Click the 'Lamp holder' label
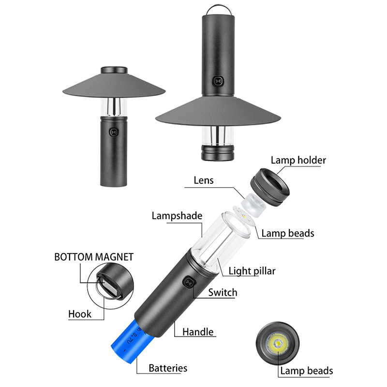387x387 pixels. pyautogui.click(x=298, y=161)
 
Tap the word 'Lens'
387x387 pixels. pyautogui.click(x=203, y=180)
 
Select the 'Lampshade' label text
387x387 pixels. pyautogui.click(x=177, y=216)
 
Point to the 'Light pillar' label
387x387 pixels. pyautogui.click(x=252, y=271)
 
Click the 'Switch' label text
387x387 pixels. pyautogui.click(x=223, y=293)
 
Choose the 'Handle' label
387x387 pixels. pyautogui.click(x=198, y=332)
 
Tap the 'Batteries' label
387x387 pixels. pyautogui.click(x=168, y=368)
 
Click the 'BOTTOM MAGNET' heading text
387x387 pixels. pyautogui.click(x=94, y=257)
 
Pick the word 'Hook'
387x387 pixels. pyautogui.click(x=80, y=314)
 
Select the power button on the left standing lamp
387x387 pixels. pyautogui.click(x=114, y=132)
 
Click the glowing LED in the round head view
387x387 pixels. pyautogui.click(x=277, y=343)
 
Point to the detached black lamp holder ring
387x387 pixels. pyautogui.click(x=270, y=187)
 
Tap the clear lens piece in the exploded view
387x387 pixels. pyautogui.click(x=253, y=205)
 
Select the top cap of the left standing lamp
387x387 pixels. pyautogui.click(x=114, y=70)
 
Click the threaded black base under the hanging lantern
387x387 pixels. pyautogui.click(x=217, y=153)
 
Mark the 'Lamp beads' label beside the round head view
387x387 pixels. pyautogui.click(x=307, y=371)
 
